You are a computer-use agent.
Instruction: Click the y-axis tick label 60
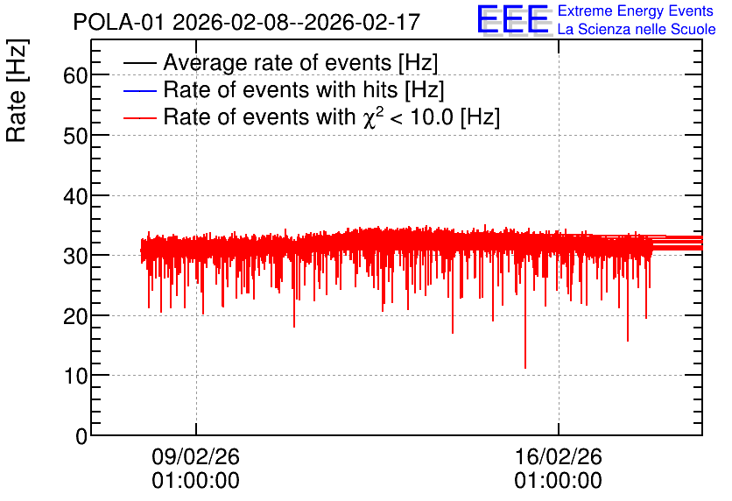click(x=75, y=75)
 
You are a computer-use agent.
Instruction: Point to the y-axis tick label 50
click(x=75, y=136)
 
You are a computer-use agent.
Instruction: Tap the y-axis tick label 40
click(x=75, y=196)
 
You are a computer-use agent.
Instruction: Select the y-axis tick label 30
click(x=75, y=256)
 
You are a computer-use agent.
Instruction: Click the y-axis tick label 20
click(x=75, y=316)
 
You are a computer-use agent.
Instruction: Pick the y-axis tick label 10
click(x=75, y=376)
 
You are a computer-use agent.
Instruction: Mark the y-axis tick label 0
click(x=81, y=436)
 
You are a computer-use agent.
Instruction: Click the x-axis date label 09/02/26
click(x=195, y=456)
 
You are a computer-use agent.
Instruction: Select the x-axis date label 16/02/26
click(x=559, y=456)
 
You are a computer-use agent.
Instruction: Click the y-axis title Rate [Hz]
click(x=17, y=90)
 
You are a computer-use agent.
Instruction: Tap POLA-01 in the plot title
click(x=118, y=22)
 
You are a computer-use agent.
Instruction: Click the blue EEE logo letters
click(x=512, y=19)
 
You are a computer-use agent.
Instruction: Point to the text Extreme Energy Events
click(x=636, y=11)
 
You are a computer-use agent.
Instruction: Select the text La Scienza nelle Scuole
click(x=637, y=30)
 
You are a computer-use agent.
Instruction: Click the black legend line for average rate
click(x=140, y=63)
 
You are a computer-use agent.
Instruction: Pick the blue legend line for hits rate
click(x=140, y=90)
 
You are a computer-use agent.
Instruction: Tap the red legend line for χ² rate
click(x=140, y=117)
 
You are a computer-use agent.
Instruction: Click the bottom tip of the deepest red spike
click(x=525, y=369)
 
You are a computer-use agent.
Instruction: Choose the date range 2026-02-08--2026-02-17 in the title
click(x=297, y=22)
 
